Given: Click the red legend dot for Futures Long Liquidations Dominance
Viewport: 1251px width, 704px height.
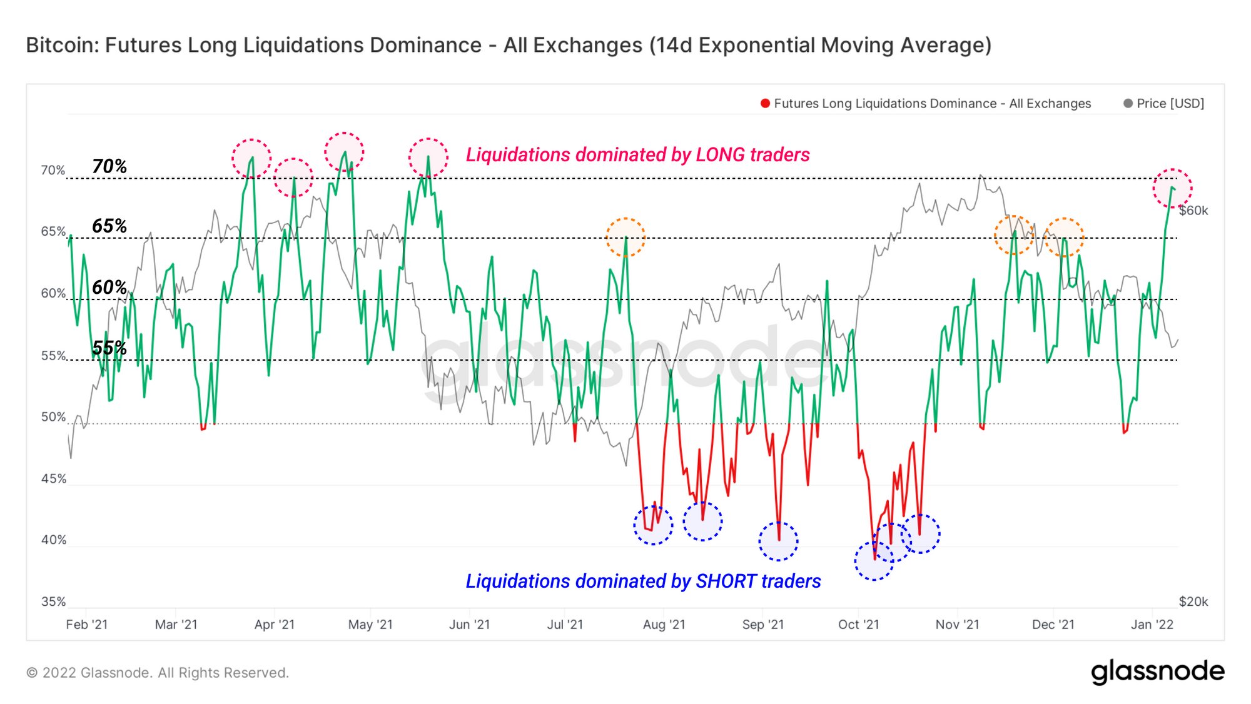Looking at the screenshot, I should coord(765,104).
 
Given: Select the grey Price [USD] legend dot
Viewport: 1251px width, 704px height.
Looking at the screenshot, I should coord(1128,104).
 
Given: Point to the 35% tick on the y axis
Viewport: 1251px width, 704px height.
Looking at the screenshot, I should coord(53,601).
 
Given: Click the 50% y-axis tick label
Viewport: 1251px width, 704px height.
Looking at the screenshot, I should coord(53,417).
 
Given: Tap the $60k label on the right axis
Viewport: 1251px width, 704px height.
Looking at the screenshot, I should coord(1193,211).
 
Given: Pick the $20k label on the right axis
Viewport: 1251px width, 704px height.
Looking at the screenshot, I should coord(1193,601).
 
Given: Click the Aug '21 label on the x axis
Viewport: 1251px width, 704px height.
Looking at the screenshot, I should coord(664,625).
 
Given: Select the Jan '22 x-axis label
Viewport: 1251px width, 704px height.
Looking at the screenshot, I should coord(1152,625).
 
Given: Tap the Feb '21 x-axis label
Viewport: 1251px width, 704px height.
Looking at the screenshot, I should coord(87,625).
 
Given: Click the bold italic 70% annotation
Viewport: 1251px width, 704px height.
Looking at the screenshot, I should coord(109,166).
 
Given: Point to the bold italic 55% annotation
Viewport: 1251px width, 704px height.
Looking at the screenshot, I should coord(109,348).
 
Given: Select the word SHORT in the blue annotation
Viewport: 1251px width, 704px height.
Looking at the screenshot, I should coord(726,581).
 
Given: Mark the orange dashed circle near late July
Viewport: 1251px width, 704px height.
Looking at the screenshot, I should coord(625,237).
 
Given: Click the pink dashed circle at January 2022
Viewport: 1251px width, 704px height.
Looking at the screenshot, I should coord(1173,188).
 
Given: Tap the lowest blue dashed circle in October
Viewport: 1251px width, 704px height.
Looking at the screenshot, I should coord(874,561).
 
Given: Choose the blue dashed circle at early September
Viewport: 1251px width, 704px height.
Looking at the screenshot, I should coord(778,541).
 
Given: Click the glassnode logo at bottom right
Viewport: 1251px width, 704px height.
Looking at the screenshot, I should coord(1158,671).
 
